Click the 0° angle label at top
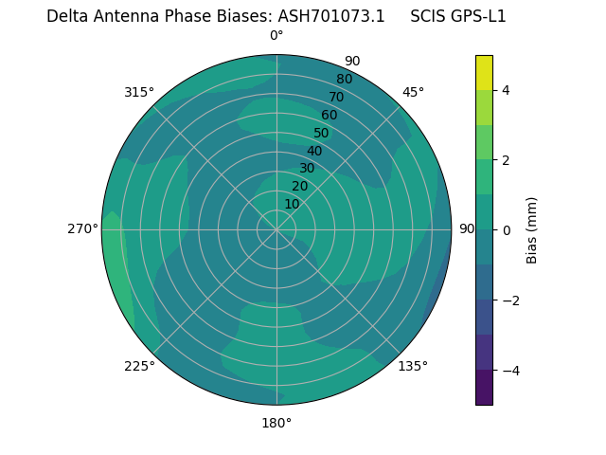[276, 36]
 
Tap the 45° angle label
[413, 92]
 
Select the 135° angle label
[413, 366]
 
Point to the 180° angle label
[276, 423]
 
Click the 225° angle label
[139, 366]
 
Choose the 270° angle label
[83, 228]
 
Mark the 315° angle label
[139, 92]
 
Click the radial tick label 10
[292, 204]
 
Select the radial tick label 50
[321, 133]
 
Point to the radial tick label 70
[336, 97]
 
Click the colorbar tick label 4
[507, 90]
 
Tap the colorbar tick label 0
[507, 230]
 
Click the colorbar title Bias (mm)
[532, 230]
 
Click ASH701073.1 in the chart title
[330, 16]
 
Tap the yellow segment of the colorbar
[484, 73]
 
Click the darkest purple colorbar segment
[484, 388]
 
